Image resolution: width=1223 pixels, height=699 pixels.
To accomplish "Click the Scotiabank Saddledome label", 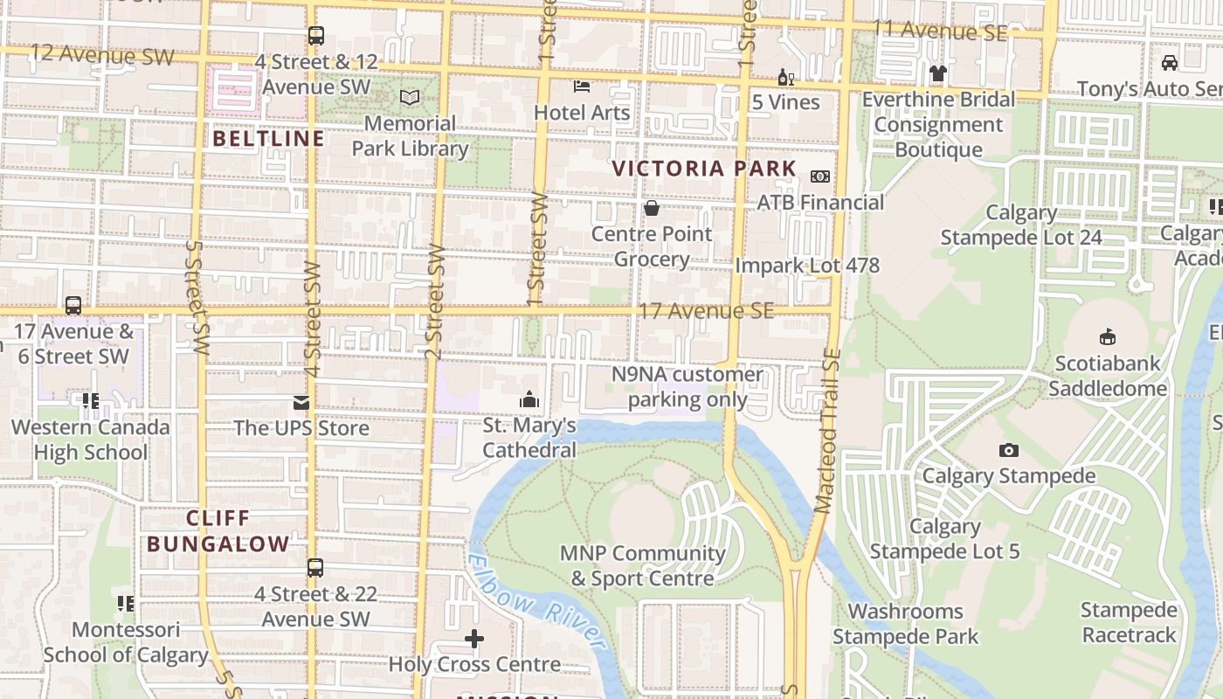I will point(1108,376).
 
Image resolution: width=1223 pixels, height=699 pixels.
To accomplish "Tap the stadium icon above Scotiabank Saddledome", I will point(1108,336).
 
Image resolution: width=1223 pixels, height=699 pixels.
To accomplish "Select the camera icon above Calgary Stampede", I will point(1009,450).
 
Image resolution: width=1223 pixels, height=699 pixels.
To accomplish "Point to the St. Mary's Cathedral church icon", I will point(529,400).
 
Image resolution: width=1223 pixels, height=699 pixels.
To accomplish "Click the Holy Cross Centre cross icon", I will point(474,639).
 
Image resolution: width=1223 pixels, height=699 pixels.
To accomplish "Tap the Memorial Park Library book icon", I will point(410,97).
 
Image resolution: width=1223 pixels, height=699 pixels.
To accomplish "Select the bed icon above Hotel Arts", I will point(582,86).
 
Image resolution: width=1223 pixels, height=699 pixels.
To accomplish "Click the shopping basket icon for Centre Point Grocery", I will point(651,208).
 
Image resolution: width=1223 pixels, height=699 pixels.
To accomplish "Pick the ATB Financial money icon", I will point(820,176).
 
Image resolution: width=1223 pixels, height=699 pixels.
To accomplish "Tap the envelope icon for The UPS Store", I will point(301,403).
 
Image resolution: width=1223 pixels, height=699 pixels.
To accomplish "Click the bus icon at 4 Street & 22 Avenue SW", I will point(315,568).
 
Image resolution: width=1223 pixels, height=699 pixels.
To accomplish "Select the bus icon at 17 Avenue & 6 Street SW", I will point(73,306).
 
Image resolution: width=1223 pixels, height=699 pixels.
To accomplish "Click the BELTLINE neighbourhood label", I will point(268,138).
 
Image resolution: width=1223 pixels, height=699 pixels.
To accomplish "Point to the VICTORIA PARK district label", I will point(704,169).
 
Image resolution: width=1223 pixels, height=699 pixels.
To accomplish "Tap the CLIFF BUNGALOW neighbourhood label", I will point(218,530).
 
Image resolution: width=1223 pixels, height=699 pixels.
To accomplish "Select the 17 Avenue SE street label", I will point(706,311).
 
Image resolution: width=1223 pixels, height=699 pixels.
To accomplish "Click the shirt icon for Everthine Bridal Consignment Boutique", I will point(938,73).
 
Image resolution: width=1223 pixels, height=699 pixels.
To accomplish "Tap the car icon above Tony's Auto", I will point(1169,62).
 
